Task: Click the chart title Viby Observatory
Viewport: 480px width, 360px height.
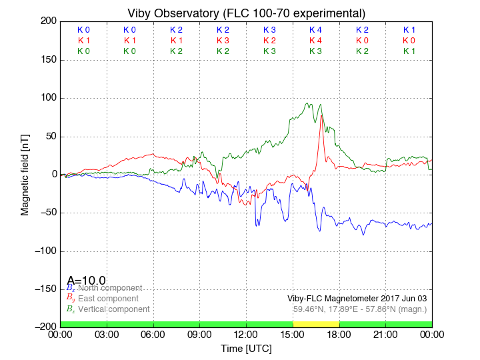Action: coord(246,13)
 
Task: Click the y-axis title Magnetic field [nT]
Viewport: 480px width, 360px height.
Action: coord(25,173)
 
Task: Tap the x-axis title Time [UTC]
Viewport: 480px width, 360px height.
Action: coord(246,348)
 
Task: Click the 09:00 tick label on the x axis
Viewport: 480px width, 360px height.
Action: coord(199,335)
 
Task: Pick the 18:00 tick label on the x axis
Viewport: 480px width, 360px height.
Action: coord(339,335)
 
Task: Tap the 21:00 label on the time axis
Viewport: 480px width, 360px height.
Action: coord(385,335)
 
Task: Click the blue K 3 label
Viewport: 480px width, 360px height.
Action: coord(269,30)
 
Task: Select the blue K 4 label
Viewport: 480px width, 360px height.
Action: coord(315,30)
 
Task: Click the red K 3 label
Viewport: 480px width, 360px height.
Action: coord(223,41)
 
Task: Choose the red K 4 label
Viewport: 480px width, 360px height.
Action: coord(315,41)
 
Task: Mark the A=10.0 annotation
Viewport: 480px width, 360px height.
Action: coord(86,281)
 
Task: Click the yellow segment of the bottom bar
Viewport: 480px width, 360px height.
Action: coord(316,324)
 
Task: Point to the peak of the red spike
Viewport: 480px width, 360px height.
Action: coord(322,115)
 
